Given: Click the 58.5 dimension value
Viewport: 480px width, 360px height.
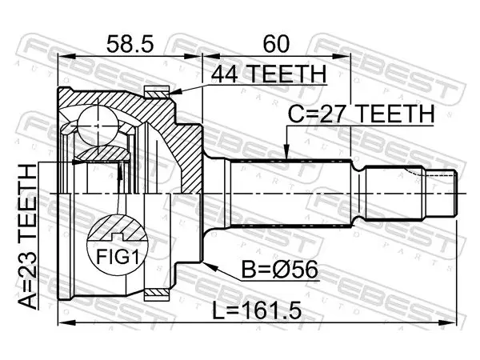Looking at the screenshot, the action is point(130,44).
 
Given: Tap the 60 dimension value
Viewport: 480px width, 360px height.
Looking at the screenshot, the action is point(276,44).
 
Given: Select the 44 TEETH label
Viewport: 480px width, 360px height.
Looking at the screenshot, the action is point(268,74).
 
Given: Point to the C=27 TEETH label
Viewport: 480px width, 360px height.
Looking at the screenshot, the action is point(362,114).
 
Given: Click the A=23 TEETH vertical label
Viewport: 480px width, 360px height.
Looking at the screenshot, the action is point(27,236).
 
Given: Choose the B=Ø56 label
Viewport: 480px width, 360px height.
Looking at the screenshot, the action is point(280,270).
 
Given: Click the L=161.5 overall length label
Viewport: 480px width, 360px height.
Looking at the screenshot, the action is point(257,310).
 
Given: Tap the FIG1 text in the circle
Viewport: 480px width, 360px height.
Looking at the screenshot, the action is point(118,257).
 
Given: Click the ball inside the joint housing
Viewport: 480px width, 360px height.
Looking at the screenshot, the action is point(98,126).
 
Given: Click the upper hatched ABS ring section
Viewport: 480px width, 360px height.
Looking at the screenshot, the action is point(157,92).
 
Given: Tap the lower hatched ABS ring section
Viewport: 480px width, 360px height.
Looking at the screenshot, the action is point(157,294).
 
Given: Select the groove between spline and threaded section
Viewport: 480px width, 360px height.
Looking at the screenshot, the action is point(358,194).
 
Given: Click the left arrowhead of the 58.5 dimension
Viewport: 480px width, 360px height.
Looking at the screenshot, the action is point(66,57).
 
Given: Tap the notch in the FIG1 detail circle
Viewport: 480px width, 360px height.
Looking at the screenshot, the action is point(118,237).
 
